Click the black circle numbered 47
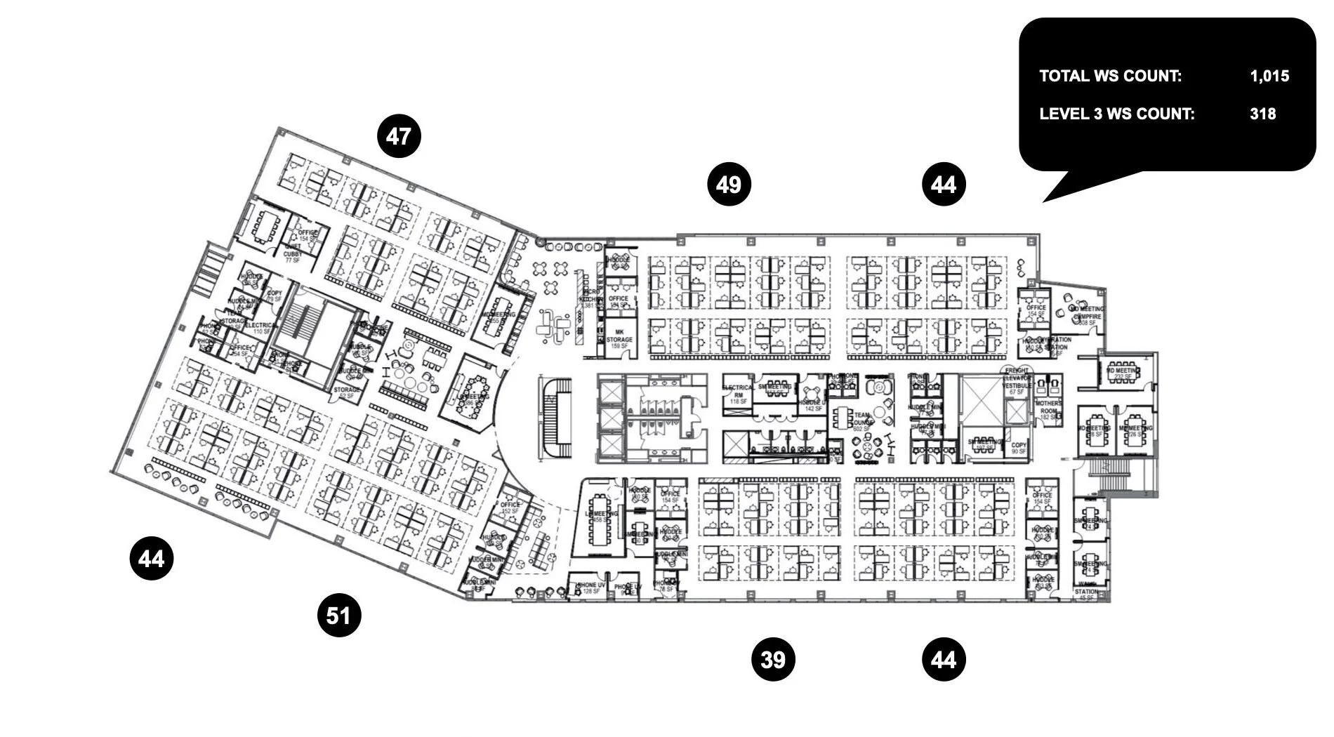coord(399,136)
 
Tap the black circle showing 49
coord(729,185)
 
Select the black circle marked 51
coord(338,616)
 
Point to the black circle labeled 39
coord(773,660)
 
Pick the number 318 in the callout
coord(1262,114)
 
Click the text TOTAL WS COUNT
coord(1110,77)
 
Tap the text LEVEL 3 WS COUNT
coord(1116,114)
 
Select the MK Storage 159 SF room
coord(619,339)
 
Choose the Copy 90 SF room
coord(1019,448)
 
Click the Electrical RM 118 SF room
coord(737,394)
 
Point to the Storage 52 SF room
coord(347,392)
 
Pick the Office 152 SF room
coord(510,507)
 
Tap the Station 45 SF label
coord(1086,594)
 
